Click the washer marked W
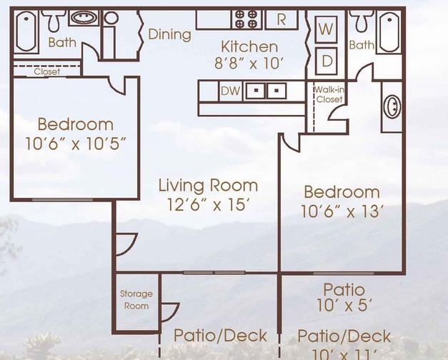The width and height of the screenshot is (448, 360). (x=326, y=29)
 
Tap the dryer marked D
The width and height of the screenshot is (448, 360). (x=327, y=61)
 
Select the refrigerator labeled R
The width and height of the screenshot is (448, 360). (x=282, y=19)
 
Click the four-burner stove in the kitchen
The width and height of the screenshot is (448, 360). (x=247, y=19)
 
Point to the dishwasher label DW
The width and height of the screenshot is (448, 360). (x=231, y=91)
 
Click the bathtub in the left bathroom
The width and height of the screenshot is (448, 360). (x=26, y=31)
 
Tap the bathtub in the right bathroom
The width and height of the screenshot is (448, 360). (x=389, y=31)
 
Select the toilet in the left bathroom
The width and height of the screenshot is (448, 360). (x=54, y=21)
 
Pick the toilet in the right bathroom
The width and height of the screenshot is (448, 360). (x=362, y=21)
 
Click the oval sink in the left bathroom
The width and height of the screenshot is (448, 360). (x=84, y=18)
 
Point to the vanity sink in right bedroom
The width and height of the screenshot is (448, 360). (x=392, y=106)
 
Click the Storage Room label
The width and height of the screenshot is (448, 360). (x=136, y=300)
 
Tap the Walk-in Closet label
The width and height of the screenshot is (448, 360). (x=329, y=94)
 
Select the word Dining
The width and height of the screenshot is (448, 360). (x=170, y=34)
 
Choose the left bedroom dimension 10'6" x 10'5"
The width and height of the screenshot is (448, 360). (x=76, y=143)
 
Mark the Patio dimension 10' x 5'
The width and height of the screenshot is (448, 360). (x=344, y=305)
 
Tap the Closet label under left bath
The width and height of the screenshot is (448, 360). (x=47, y=71)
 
